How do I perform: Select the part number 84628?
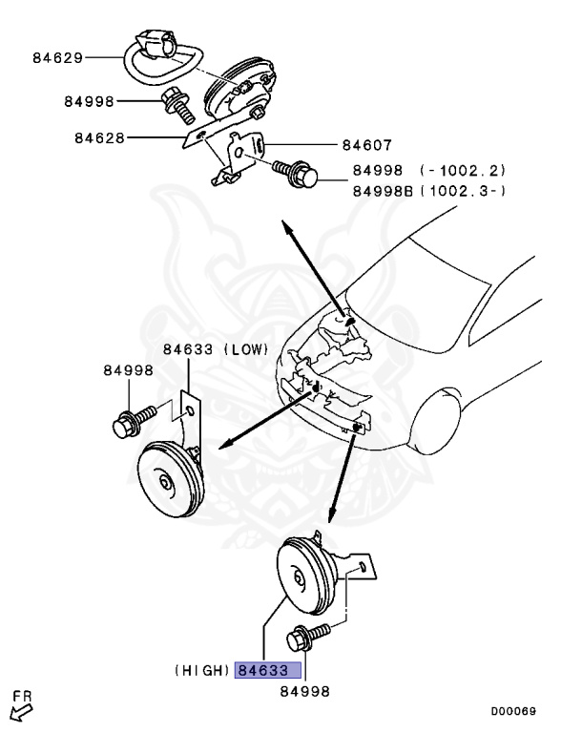click(x=100, y=137)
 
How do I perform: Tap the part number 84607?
click(x=366, y=146)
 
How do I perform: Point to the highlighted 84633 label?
click(x=268, y=671)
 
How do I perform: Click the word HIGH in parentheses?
click(x=202, y=671)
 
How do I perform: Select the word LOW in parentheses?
click(x=246, y=349)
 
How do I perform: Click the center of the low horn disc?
click(x=168, y=484)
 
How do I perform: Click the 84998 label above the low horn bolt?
click(x=128, y=370)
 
